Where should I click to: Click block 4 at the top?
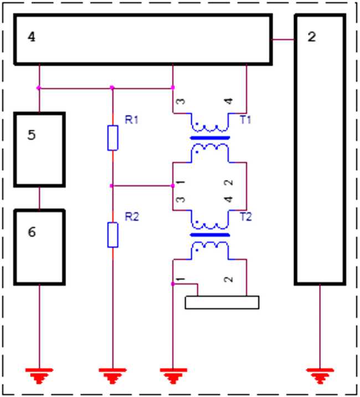pos(142,39)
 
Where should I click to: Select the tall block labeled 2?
pos(320,150)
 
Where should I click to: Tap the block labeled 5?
pos(39,150)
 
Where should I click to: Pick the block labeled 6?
pos(39,247)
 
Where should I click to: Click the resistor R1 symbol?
pos(112,138)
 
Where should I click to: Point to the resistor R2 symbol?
pos(112,235)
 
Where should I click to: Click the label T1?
pos(245,120)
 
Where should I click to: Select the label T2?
pos(245,217)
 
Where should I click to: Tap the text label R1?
pos(131,120)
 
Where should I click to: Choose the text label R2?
pos(131,217)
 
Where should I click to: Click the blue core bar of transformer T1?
pos(209,138)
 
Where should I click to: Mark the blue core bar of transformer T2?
pos(209,235)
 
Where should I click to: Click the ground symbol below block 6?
pos(39,375)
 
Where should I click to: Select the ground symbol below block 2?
pos(320,375)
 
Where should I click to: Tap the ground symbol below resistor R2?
pos(112,375)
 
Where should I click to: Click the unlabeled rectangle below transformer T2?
pos(222,302)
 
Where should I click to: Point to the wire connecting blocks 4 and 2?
pos(283,39)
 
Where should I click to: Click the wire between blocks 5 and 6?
pos(39,198)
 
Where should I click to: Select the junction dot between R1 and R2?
pos(112,186)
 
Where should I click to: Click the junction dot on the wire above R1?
pos(112,88)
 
